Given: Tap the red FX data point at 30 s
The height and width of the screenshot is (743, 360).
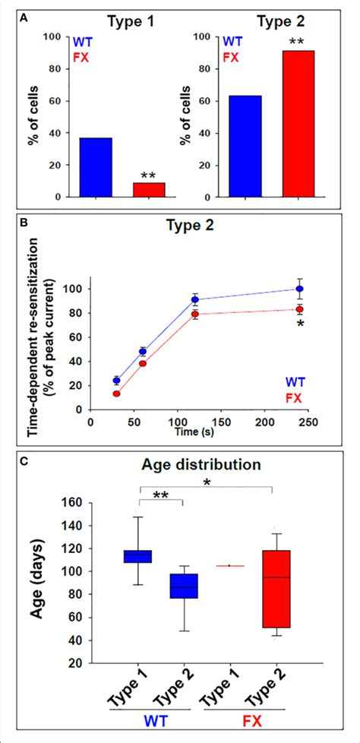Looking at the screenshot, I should pos(116,394).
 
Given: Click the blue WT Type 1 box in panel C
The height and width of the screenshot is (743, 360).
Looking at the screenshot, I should pos(139,556).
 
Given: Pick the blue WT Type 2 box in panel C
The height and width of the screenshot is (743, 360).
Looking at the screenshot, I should pos(184,586).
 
